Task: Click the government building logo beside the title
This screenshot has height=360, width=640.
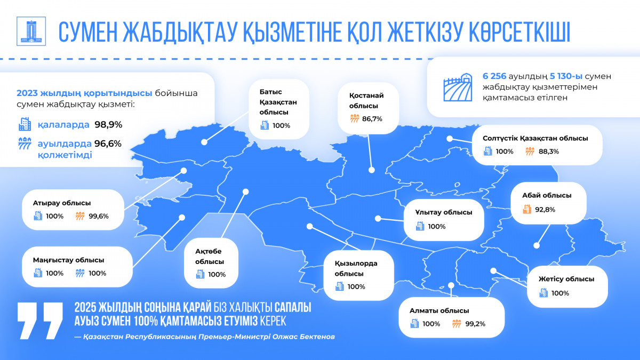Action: (31, 31)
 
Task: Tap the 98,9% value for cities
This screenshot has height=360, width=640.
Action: (108, 125)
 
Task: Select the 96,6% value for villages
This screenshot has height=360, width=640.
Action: (108, 143)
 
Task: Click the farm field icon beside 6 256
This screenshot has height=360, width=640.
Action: (458, 87)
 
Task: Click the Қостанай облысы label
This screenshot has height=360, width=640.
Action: (366, 101)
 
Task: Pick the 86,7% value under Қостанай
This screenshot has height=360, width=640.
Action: (372, 119)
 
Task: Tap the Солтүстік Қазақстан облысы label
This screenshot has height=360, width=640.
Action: (535, 138)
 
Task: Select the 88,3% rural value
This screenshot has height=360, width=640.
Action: (549, 151)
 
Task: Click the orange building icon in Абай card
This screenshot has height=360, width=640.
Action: (527, 209)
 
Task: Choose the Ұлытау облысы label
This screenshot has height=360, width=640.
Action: (444, 212)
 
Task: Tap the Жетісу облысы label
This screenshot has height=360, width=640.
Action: (566, 279)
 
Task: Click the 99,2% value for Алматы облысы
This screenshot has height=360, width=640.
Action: (475, 324)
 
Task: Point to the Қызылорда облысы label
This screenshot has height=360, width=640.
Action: (356, 268)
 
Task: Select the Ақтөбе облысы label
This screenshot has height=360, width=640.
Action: (210, 257)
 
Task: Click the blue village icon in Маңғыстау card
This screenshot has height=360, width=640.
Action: (80, 273)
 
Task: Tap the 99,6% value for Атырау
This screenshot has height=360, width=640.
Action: (99, 217)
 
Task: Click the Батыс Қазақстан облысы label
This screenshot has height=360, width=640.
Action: (278, 102)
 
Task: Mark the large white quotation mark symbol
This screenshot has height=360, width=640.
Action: (40, 321)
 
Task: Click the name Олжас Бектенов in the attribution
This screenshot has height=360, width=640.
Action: (303, 337)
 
